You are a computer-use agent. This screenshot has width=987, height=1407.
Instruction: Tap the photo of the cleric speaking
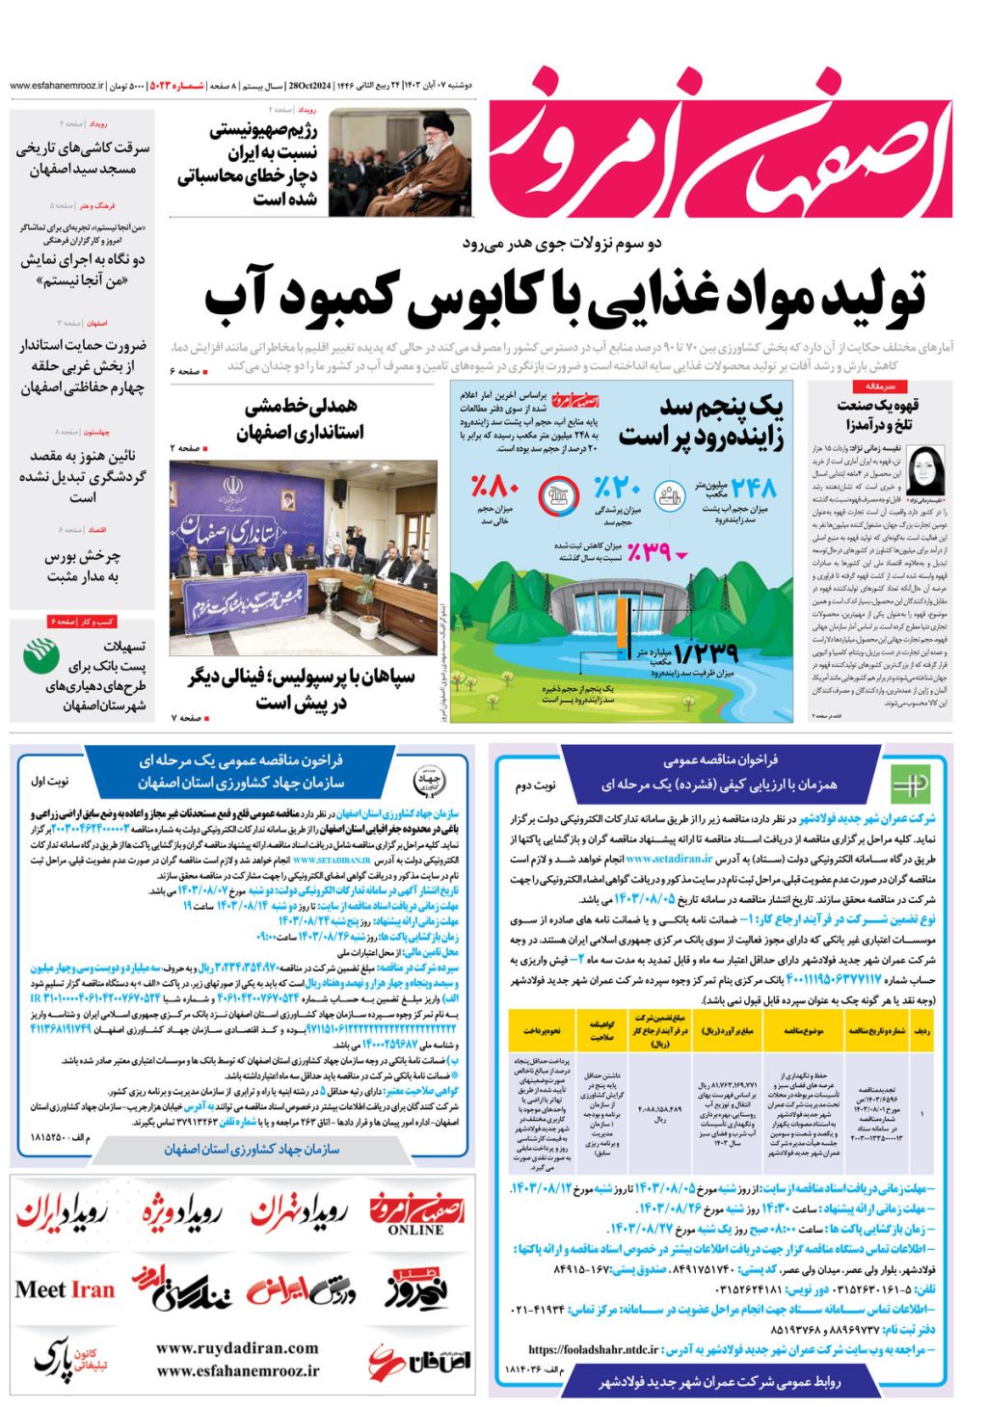tap(399, 161)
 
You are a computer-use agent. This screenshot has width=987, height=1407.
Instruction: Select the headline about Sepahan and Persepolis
tap(301, 689)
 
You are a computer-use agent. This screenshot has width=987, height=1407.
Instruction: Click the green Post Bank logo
tap(41, 655)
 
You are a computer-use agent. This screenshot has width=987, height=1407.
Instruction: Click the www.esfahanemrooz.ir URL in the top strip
tap(56, 86)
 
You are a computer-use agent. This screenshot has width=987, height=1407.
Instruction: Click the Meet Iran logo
tap(65, 1289)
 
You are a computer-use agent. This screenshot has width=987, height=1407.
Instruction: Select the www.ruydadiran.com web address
tap(237, 1348)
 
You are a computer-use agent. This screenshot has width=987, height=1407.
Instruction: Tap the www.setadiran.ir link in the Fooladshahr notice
tap(669, 859)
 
